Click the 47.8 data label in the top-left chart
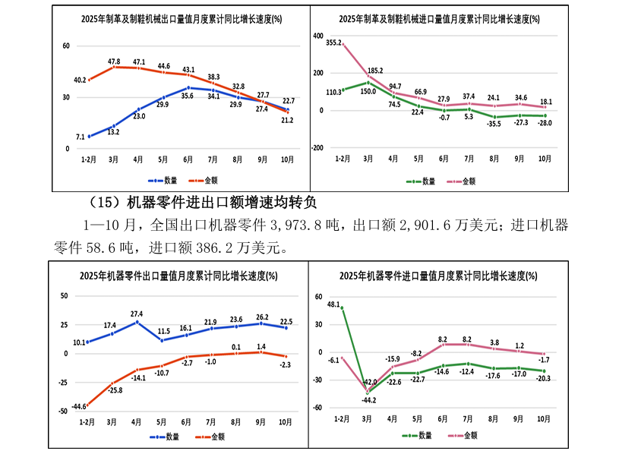point(114,61)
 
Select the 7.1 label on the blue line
point(80,137)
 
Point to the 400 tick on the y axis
point(318,36)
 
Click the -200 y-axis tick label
point(316,148)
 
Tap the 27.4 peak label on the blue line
point(137,314)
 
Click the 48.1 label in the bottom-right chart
point(333,304)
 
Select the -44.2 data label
point(368,400)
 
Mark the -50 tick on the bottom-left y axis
point(64,411)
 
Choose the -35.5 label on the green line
point(494,123)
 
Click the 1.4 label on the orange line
point(261,346)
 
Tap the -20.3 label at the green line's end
point(544,378)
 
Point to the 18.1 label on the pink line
point(545,101)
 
